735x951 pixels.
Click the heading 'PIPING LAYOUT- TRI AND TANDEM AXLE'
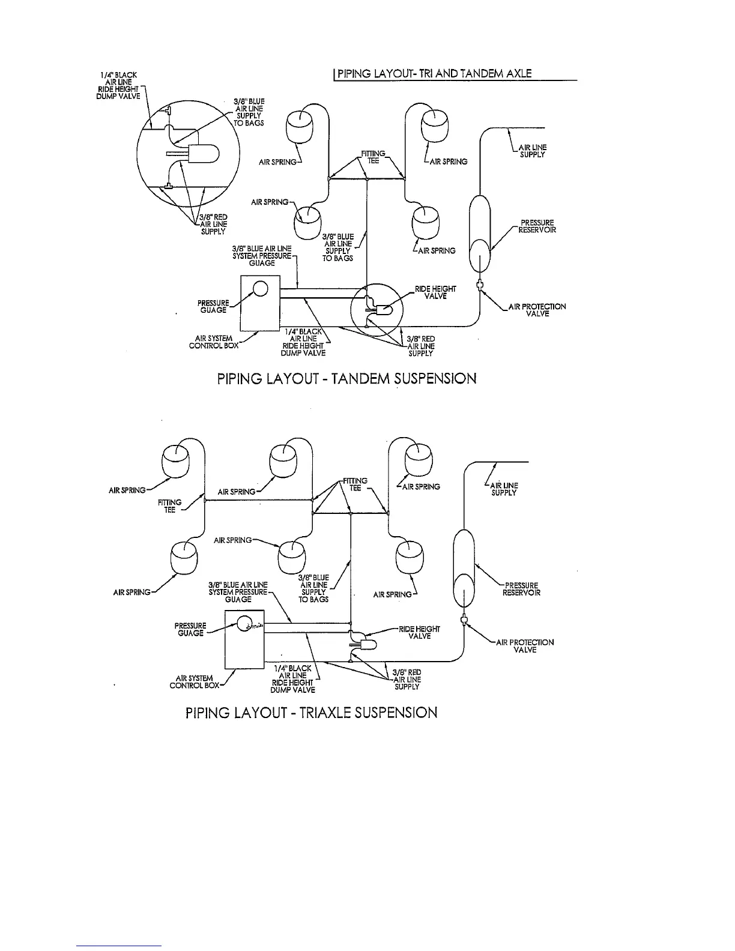434,74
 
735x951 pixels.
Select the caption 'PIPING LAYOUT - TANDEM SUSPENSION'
346,379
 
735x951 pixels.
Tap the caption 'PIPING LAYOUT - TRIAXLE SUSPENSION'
311,713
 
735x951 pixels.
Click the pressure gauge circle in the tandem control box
260,289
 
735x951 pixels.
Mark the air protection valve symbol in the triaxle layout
463,620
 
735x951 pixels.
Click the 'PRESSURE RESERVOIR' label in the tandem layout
537,226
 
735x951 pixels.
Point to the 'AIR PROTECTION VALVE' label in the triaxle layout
525,646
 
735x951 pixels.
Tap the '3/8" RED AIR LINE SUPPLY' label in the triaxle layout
407,680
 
